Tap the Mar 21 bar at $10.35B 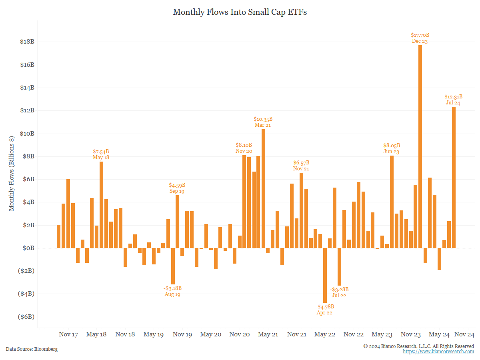point(263,188)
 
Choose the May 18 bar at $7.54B point(101,204)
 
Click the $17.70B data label point(420,35)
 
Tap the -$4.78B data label point(324,307)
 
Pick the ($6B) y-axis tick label point(26,317)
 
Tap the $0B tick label point(28,248)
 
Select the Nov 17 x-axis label point(68,334)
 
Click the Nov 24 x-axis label point(465,334)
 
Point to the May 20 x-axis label point(211,334)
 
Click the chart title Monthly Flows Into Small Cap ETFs point(240,12)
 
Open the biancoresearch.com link point(438,352)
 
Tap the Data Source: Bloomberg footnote point(32,349)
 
